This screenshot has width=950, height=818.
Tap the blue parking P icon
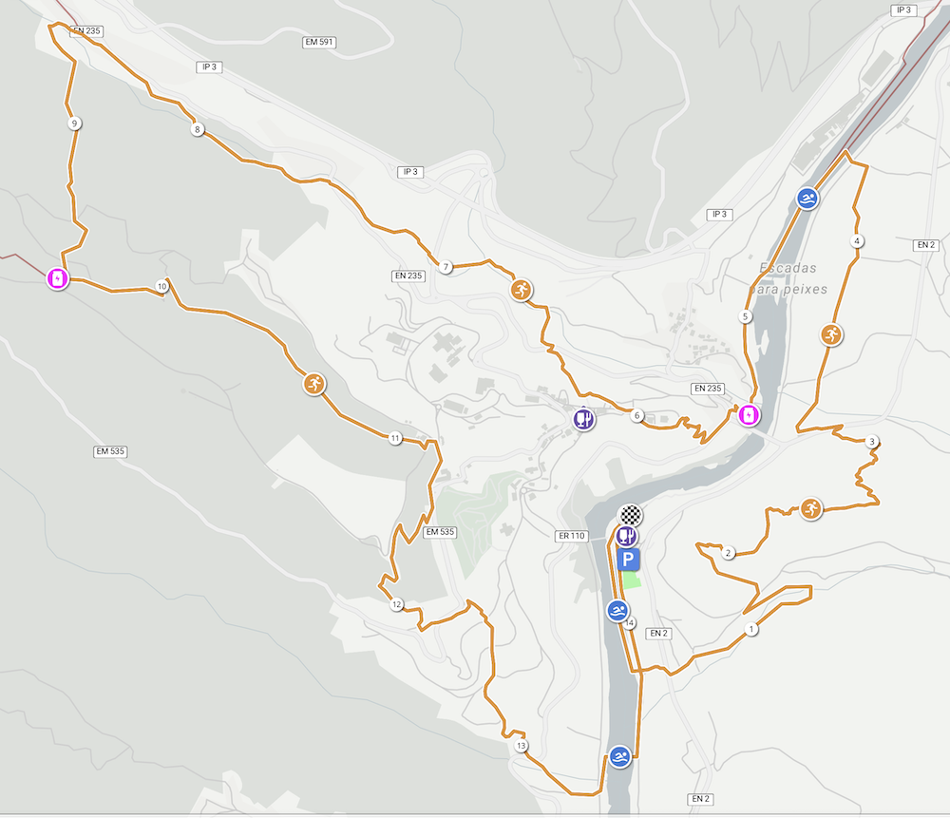pyautogui.click(x=628, y=560)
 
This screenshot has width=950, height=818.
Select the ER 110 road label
pyautogui.click(x=572, y=536)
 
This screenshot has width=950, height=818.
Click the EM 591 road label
pyautogui.click(x=319, y=43)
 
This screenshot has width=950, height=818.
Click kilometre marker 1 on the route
pyautogui.click(x=751, y=629)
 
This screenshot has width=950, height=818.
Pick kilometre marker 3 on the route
pyautogui.click(x=872, y=442)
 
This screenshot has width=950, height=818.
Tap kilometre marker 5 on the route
pyautogui.click(x=746, y=316)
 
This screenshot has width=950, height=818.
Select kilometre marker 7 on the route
pyautogui.click(x=446, y=267)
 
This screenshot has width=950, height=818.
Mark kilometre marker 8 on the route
pyautogui.click(x=198, y=129)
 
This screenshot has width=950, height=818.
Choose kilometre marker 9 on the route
pyautogui.click(x=74, y=123)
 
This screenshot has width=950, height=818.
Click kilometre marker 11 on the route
pyautogui.click(x=395, y=439)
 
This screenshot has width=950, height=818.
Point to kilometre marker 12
pyautogui.click(x=396, y=604)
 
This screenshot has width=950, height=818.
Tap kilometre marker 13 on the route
pyautogui.click(x=521, y=746)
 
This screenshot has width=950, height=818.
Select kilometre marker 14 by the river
pyautogui.click(x=630, y=622)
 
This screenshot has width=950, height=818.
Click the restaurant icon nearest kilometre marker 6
pyautogui.click(x=584, y=418)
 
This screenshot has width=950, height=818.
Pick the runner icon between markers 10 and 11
pyautogui.click(x=313, y=384)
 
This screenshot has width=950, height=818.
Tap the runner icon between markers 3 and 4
pyautogui.click(x=831, y=334)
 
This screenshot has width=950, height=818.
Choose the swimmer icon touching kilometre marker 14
pyautogui.click(x=617, y=610)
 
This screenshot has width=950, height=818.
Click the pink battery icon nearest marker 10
pyautogui.click(x=58, y=279)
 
